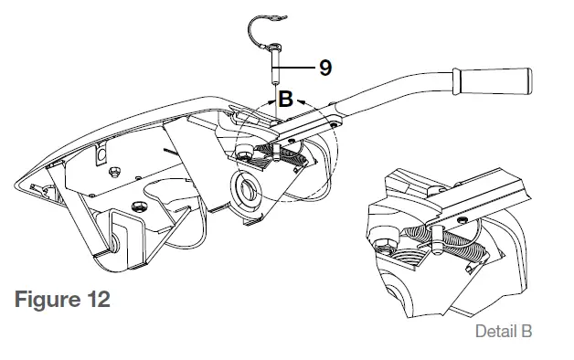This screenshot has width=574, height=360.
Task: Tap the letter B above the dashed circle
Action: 285,99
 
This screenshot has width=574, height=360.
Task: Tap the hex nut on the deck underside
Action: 114,172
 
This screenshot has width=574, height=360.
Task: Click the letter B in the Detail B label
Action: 525,332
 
